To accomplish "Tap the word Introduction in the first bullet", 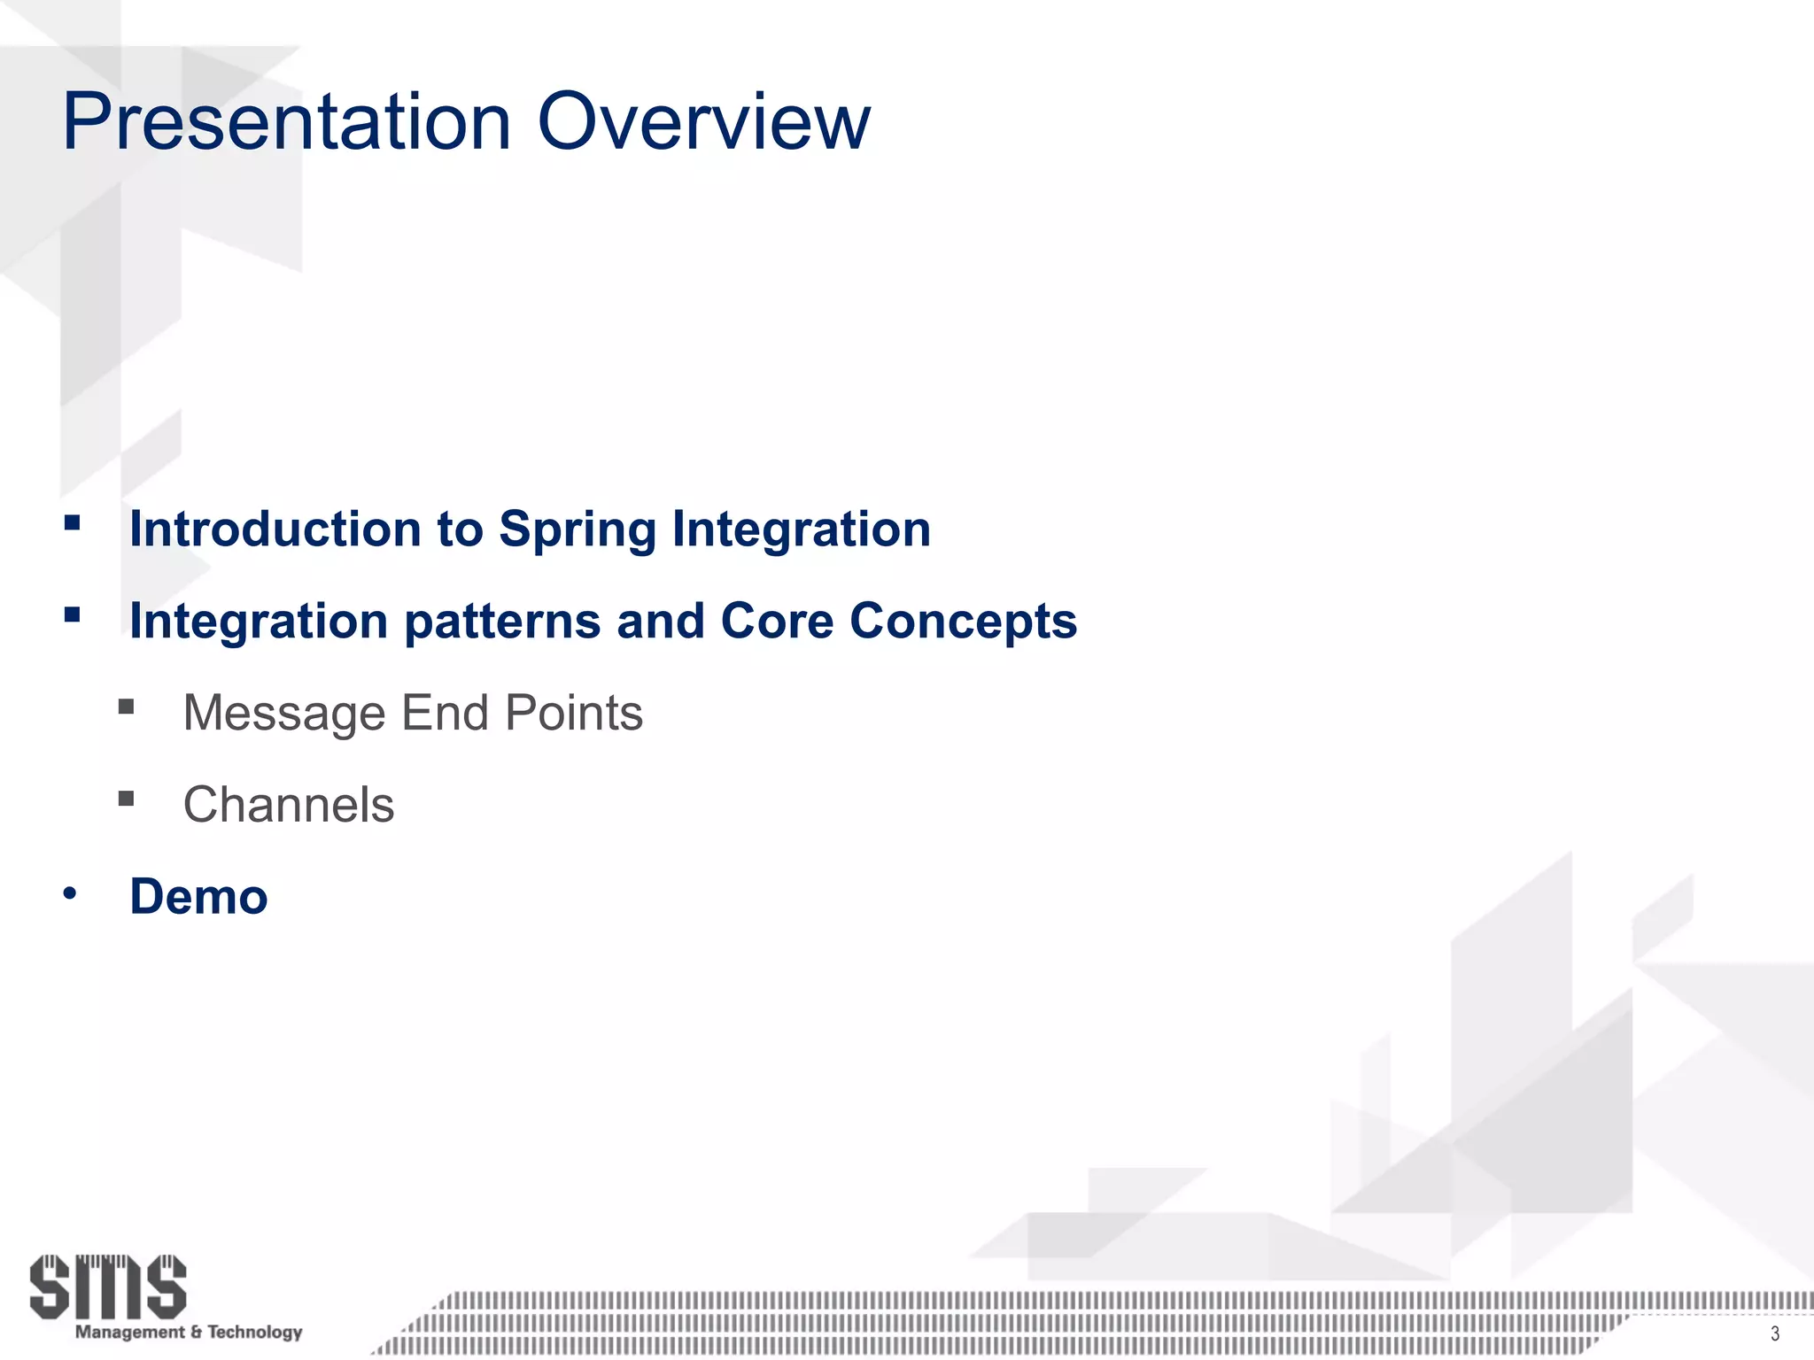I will click(275, 529).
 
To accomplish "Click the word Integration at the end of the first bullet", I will click(801, 529).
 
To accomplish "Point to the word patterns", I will click(502, 622).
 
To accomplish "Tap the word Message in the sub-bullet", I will click(283, 713).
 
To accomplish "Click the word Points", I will click(573, 713).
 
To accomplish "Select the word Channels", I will click(289, 805).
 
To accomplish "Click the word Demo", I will click(198, 897).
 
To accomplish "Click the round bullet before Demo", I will click(70, 894).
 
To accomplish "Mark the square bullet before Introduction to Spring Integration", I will click(73, 522).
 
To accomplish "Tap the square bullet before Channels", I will click(126, 799).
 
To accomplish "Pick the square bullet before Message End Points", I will click(126, 707).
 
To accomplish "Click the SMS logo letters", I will click(108, 1286).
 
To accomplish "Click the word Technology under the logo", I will click(255, 1332).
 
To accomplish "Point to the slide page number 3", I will click(1774, 1334).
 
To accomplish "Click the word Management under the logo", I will click(130, 1332).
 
